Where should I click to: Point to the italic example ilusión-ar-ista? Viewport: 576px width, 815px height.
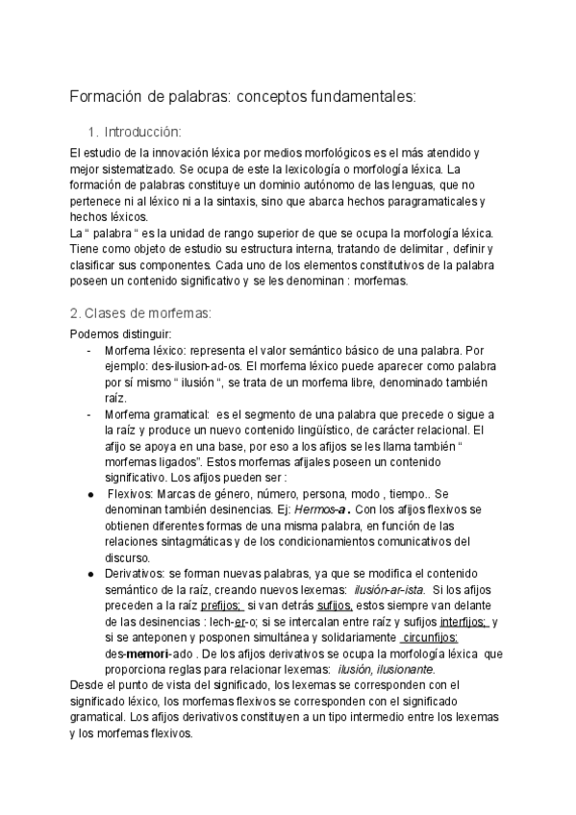389,589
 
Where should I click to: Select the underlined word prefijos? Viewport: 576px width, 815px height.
222,605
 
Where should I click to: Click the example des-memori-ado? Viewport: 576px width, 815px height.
144,654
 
